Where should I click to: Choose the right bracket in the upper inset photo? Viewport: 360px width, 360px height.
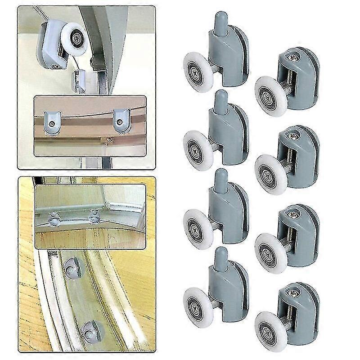pos(120,119)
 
